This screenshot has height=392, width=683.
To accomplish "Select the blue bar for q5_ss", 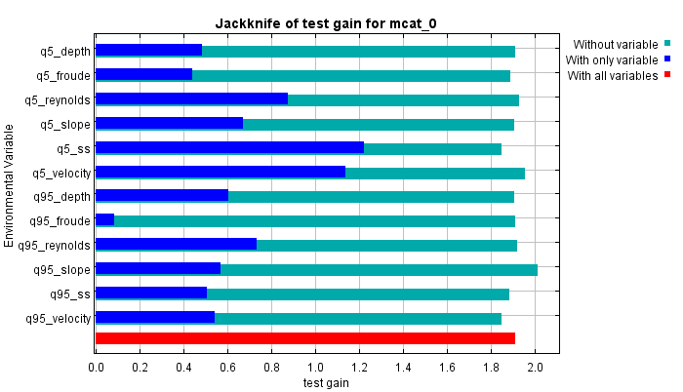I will (x=229, y=148).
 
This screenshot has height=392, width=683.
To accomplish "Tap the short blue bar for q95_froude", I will (x=104, y=220).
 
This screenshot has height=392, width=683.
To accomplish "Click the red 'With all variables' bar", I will (x=304, y=338).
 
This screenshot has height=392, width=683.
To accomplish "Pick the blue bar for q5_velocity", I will (x=221, y=173).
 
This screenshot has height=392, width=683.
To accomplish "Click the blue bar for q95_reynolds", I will (x=176, y=245).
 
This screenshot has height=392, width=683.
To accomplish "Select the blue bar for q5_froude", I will (x=143, y=75).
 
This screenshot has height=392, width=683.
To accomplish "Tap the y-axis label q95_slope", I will (x=62, y=269).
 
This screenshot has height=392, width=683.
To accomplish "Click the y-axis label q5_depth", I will (x=64, y=51).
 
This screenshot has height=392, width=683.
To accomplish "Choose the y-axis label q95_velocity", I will (x=58, y=318).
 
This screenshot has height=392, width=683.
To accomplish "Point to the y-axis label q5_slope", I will (x=65, y=124).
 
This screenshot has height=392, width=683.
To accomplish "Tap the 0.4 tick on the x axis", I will (x=183, y=368).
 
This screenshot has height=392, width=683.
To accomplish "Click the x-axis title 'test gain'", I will (x=326, y=382).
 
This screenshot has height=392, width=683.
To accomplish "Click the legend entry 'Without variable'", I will (x=615, y=44).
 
